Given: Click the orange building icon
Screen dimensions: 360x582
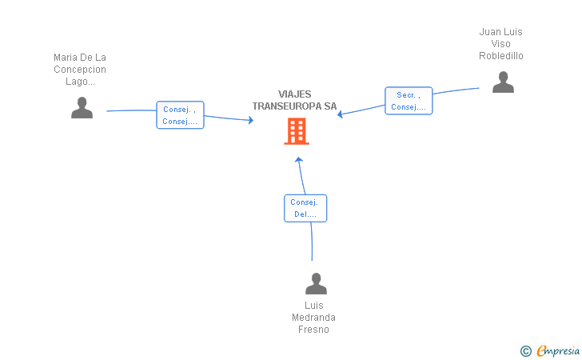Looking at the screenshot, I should [x=297, y=131].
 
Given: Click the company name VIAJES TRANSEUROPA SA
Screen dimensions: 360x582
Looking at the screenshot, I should [x=295, y=100].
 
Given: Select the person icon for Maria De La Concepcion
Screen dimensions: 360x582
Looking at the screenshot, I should [x=82, y=107].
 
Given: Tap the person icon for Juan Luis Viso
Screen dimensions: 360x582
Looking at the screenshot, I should [x=503, y=82].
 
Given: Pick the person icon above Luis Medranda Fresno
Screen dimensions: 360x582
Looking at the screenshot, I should [x=316, y=283].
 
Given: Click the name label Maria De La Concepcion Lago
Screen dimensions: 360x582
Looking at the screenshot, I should [x=80, y=70].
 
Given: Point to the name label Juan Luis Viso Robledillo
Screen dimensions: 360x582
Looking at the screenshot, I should [x=501, y=44].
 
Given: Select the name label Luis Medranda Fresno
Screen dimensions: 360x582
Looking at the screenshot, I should [x=313, y=318].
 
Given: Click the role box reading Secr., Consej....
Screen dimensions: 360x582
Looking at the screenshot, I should [x=409, y=101].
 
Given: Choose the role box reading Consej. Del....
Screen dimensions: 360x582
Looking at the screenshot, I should [x=305, y=208].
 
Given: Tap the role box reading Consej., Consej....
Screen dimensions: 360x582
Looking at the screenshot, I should [x=180, y=115].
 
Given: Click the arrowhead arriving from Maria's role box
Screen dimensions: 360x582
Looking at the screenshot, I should [x=250, y=120].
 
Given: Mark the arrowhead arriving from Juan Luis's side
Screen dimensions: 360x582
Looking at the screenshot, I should [x=341, y=114].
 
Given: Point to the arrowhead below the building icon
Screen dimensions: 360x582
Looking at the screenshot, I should [x=298, y=159].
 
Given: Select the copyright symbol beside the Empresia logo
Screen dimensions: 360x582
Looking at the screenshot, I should [x=525, y=350].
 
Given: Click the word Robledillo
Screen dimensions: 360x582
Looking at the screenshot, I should [x=501, y=56].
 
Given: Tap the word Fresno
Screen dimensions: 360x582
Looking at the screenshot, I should [x=313, y=330].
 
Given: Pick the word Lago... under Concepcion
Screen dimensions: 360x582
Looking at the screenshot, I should [x=80, y=82].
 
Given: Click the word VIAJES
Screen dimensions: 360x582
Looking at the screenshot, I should [x=295, y=94].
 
